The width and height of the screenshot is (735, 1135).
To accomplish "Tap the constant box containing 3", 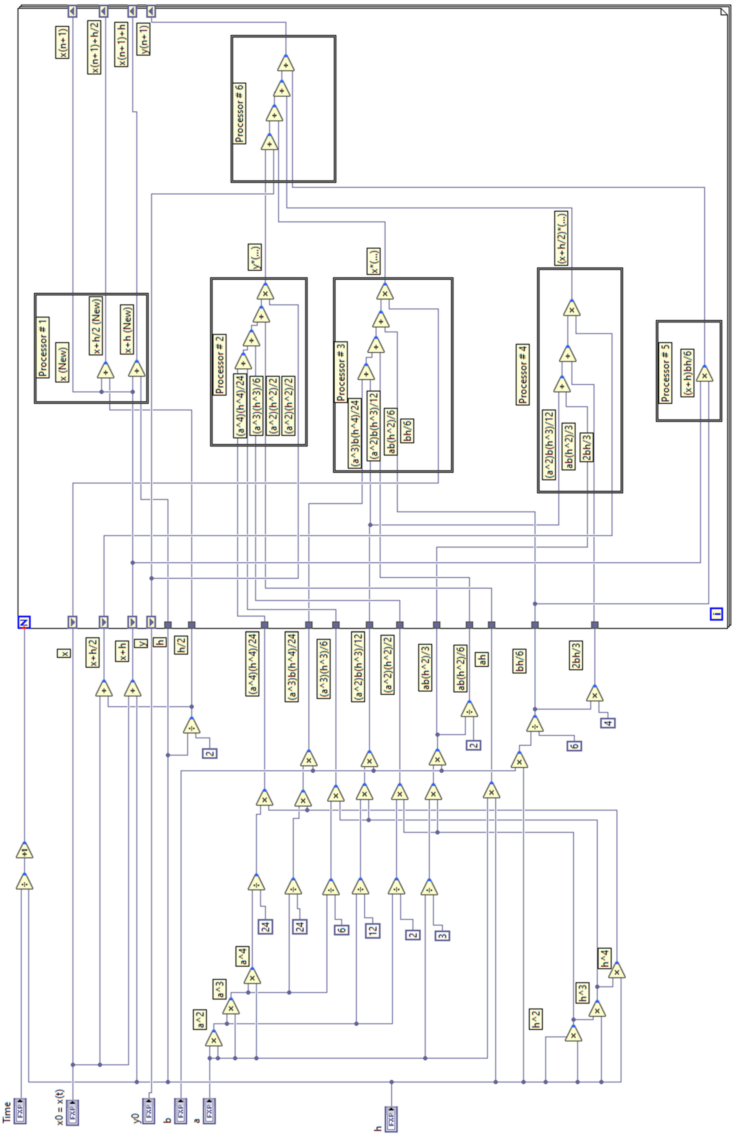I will (442, 935).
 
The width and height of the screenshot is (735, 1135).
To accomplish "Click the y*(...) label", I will (254, 257).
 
